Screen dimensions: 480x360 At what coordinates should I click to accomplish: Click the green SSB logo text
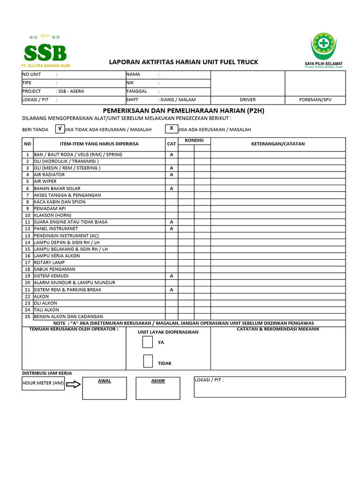pos(45,52)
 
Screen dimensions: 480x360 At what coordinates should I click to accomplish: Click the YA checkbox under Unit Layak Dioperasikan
pos(148,342)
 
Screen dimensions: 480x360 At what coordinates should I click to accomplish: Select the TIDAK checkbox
pos(148,361)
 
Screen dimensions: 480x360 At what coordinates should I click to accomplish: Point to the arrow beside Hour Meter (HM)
pos(74,384)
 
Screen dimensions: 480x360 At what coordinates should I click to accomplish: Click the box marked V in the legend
pos(60,128)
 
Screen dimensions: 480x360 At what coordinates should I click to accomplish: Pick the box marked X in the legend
pos(171,128)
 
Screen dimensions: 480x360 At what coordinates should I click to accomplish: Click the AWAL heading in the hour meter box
pos(105,381)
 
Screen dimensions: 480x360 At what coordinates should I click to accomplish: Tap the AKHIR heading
pos(158,381)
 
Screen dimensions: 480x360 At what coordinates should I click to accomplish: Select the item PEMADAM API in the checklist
pos(50,209)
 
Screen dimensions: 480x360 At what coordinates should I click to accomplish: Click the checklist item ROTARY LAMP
pos(49,262)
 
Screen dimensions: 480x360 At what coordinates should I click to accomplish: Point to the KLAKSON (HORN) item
pos(52,215)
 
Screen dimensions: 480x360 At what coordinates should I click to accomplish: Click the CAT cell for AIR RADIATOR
pos(172,174)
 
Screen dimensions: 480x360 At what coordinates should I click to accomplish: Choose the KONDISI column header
pos(194,141)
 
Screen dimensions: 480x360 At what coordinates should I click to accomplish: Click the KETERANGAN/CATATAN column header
pos(278,144)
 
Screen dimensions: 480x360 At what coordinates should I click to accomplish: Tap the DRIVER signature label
pos(247,100)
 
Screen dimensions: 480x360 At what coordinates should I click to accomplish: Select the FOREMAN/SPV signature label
pos(315,100)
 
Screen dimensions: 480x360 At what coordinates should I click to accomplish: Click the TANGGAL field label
pos(137,91)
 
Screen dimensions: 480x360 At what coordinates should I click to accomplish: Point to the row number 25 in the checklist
pos(28,316)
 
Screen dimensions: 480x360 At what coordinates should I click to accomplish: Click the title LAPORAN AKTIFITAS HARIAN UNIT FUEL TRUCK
pos(183,62)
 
